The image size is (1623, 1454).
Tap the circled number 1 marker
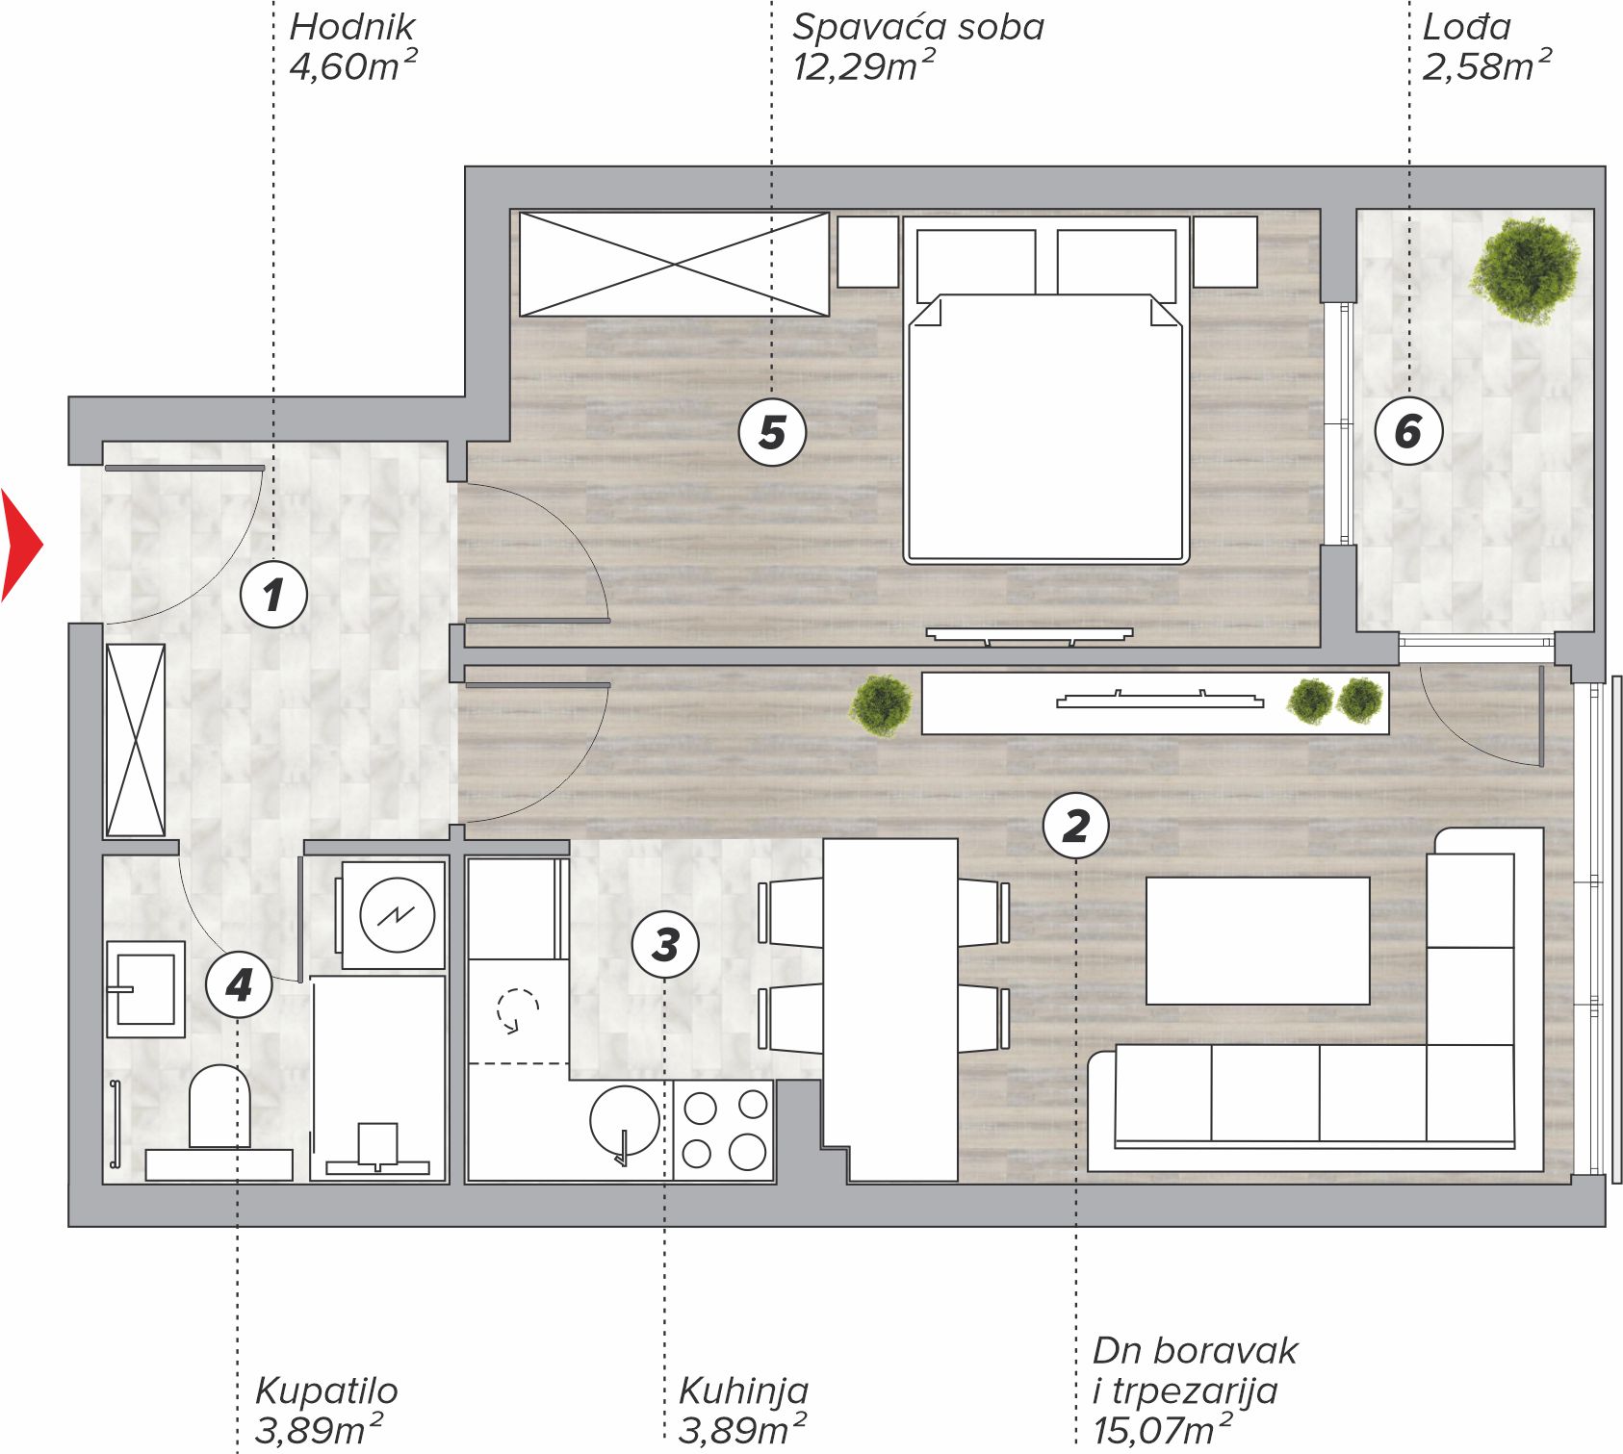click(x=273, y=594)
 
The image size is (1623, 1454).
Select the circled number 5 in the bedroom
click(x=772, y=432)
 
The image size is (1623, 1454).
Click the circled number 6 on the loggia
click(x=1408, y=430)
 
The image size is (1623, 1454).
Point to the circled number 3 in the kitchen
click(x=665, y=944)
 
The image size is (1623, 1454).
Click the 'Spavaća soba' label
click(x=918, y=27)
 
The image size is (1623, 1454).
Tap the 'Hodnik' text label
click(x=352, y=27)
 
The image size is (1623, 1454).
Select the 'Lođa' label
click(x=1466, y=26)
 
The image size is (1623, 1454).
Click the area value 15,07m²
click(x=1162, y=1430)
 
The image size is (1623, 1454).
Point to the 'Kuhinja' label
click(x=743, y=1390)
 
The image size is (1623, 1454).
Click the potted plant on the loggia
click(x=1524, y=270)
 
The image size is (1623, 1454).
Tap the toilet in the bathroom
click(x=219, y=1107)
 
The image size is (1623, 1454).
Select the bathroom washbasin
click(x=145, y=989)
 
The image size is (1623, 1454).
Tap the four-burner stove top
click(x=723, y=1130)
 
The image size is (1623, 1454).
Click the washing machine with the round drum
click(x=396, y=914)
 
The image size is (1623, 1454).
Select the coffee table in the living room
click(x=1257, y=940)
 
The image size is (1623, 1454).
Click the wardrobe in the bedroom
click(x=674, y=264)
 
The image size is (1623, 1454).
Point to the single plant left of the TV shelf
click(x=881, y=704)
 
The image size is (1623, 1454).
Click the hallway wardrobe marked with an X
click(x=135, y=740)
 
